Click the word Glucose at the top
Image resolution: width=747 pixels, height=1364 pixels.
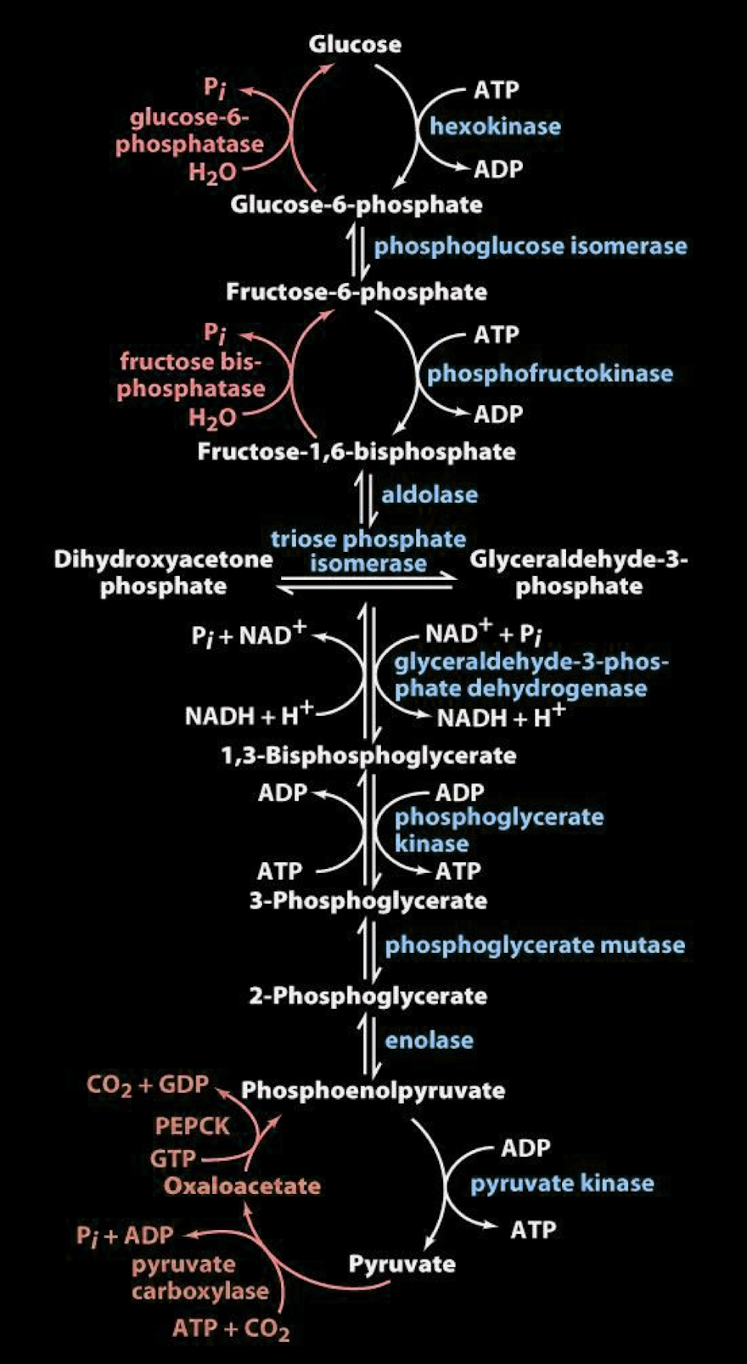355,44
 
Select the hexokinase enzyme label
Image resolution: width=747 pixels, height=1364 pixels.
495,127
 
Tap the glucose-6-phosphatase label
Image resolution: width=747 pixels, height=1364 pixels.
189,131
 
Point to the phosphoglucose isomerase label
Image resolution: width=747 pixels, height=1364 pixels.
531,246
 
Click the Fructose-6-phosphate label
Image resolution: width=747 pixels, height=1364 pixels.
357,292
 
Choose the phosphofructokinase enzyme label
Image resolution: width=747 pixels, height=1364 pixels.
549,374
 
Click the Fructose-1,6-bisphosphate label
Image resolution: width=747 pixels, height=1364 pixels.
357,451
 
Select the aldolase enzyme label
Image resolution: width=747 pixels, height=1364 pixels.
430,494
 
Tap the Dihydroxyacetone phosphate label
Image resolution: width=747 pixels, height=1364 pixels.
163,572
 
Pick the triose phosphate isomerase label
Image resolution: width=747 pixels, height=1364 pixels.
368,551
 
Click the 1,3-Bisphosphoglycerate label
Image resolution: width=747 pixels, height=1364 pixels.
368,755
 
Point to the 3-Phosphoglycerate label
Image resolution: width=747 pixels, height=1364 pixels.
368,900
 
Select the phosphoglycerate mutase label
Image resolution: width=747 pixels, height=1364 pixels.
535,945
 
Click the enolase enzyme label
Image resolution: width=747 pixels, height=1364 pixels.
430,1040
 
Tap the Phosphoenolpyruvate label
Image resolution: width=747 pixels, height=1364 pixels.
373,1091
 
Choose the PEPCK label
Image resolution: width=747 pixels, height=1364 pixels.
193,1126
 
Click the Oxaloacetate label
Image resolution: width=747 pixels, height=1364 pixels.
242,1186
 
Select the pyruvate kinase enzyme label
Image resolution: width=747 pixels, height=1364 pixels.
562,1183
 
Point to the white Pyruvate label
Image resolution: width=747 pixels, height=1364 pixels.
402,1264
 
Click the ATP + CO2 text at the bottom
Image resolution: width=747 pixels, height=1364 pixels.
231,1328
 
